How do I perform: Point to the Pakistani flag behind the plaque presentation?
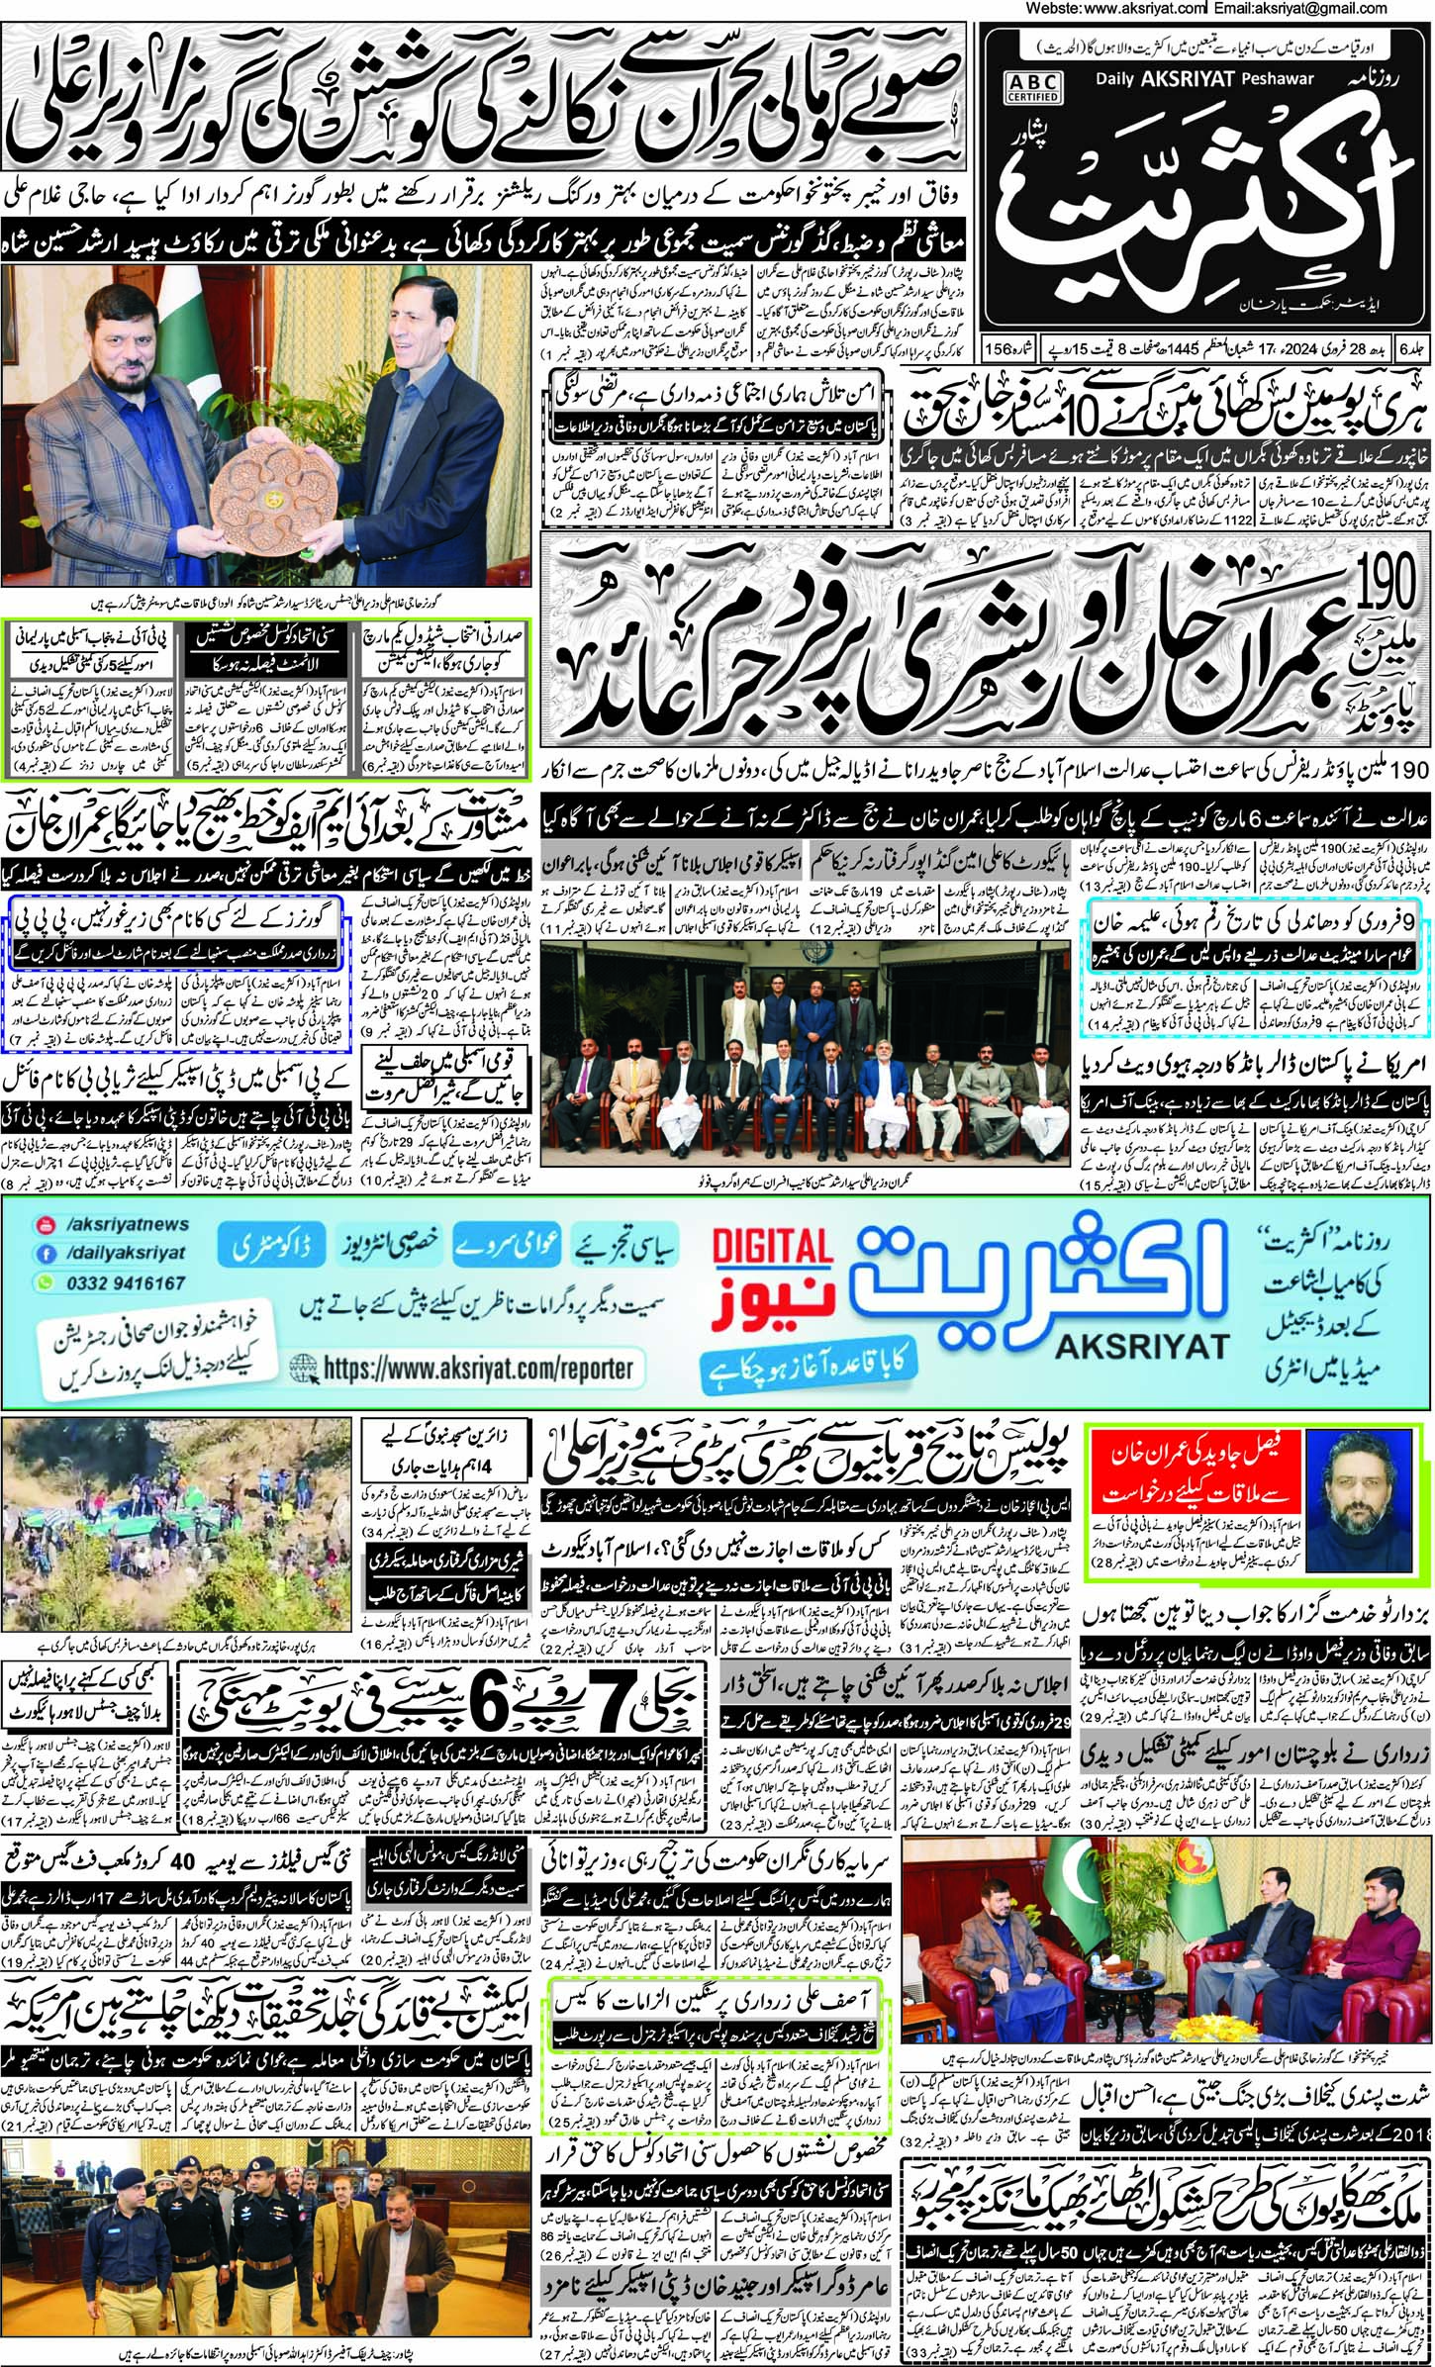pyautogui.click(x=412, y=297)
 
